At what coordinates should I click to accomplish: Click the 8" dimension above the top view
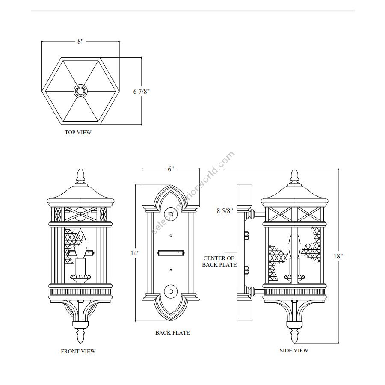pos(80,41)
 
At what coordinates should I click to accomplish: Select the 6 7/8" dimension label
pos(142,92)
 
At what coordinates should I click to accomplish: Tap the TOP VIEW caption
pos(78,132)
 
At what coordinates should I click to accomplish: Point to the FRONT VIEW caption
pos(78,351)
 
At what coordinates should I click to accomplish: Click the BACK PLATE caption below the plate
pos(172,333)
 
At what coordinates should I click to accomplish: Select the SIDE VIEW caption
pos(293,351)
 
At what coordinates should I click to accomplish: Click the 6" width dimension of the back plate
pos(171,169)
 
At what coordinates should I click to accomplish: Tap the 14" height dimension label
pos(135,253)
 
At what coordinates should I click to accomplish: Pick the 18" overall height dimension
pos(338,256)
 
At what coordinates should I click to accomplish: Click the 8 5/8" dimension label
pos(225,210)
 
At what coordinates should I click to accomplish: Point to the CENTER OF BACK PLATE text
pos(219,261)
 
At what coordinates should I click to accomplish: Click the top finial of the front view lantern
pos(81,175)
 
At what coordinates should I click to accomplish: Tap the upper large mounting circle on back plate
pos(171,214)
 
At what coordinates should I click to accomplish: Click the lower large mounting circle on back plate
pos(171,292)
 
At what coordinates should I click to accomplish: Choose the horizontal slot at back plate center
pos(171,253)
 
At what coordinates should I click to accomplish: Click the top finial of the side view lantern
pos(294,175)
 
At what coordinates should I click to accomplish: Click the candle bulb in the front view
pos(80,243)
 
